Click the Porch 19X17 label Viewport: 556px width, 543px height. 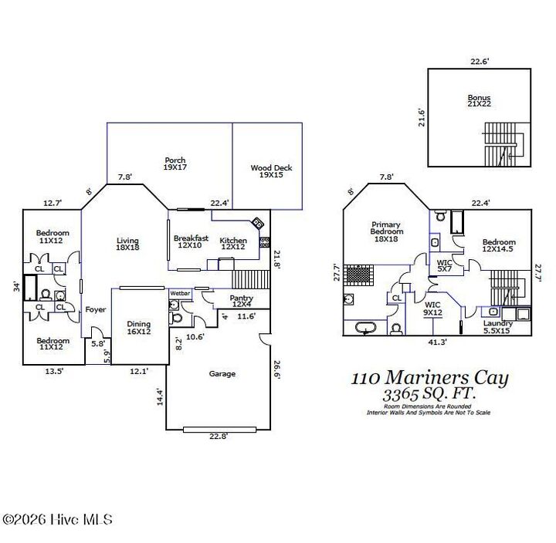(175, 164)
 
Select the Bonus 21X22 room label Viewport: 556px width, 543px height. (479, 101)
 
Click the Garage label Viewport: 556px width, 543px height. (222, 373)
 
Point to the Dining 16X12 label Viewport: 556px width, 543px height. (139, 328)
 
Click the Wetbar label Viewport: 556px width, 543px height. (180, 294)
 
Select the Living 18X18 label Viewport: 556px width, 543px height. (127, 244)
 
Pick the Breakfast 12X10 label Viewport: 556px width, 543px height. (191, 241)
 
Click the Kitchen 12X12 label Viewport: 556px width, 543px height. (233, 244)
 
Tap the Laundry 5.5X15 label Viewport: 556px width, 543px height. (497, 327)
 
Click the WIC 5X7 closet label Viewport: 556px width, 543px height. (445, 266)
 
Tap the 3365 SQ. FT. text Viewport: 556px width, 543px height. (429, 394)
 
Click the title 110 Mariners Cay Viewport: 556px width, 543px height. (429, 378)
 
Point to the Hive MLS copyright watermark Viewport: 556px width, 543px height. (57, 520)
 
